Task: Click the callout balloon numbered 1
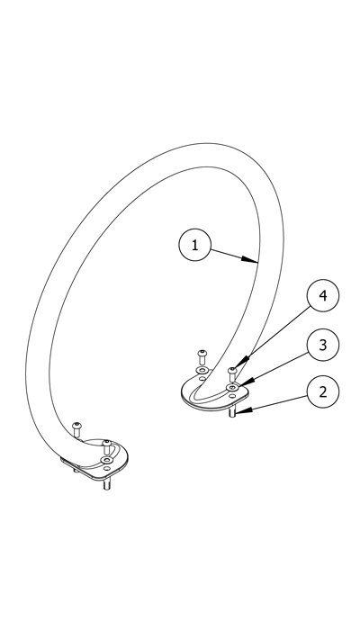coord(195,245)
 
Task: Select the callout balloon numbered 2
coord(323,391)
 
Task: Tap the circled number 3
coord(323,345)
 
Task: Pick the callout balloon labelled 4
coord(323,296)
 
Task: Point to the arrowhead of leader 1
coord(250,260)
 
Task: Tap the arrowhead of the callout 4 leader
coord(240,363)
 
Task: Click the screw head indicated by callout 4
coord(232,370)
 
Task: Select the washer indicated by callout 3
coord(232,387)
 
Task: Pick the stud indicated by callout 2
coord(232,412)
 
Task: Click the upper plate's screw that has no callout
coord(202,356)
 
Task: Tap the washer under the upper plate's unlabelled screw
coord(202,370)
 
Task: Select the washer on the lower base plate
coord(106,460)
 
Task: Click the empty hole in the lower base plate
coord(106,468)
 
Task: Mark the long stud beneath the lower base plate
coord(106,485)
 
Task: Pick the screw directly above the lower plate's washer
coord(106,446)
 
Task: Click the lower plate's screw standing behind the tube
coord(76,429)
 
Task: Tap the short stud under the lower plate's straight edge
coord(76,469)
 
